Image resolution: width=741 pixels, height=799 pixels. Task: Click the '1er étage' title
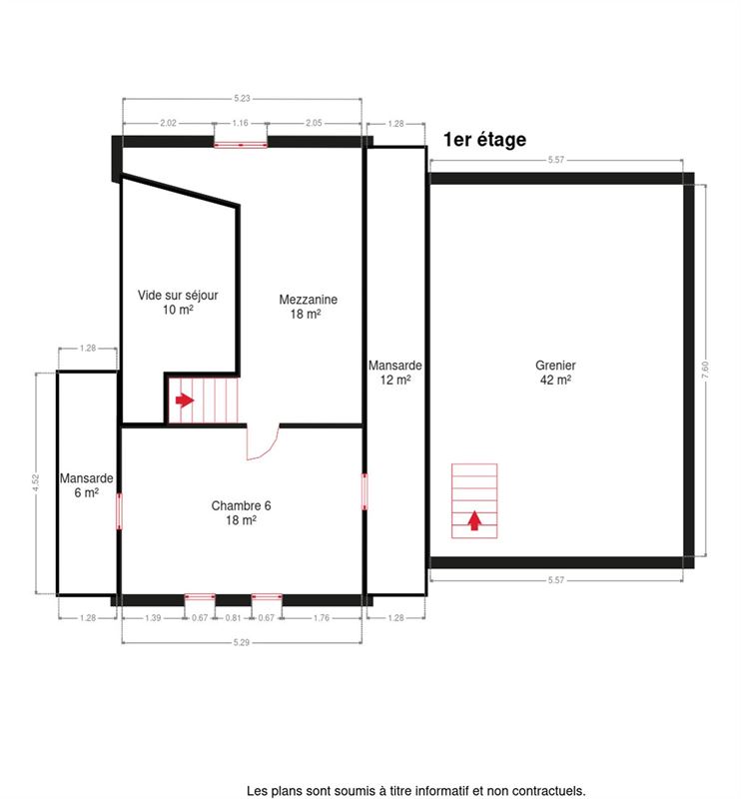[484, 140]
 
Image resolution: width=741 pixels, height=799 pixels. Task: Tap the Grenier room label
[555, 373]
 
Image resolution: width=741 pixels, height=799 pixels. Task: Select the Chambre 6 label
[241, 512]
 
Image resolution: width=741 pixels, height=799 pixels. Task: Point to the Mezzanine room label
[308, 307]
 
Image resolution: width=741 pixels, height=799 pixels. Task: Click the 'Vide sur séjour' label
[178, 303]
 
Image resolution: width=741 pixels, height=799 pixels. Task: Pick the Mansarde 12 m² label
[394, 373]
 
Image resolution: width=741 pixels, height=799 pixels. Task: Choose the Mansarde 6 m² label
[86, 485]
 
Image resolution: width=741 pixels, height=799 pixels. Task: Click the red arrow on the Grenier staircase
[474, 520]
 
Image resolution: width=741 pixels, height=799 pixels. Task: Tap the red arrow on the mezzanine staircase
[185, 400]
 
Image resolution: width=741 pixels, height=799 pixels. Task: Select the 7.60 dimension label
[705, 370]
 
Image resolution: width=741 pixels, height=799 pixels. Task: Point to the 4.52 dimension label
[35, 482]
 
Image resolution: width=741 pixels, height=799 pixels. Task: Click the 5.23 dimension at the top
[242, 98]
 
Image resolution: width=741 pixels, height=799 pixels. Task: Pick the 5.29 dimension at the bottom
[242, 642]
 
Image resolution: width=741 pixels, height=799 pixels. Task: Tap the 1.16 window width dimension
[240, 123]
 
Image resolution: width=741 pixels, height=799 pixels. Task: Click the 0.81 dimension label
[233, 617]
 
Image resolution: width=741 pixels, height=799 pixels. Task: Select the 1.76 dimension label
[321, 617]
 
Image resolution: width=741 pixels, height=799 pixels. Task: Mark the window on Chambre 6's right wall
[365, 491]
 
